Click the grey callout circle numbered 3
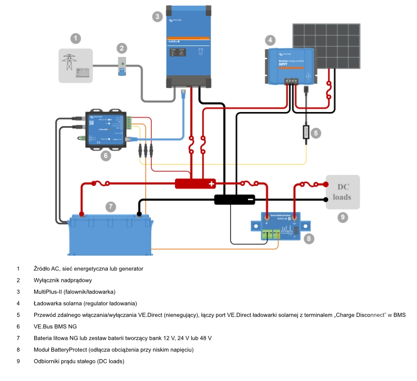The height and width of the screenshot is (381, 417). point(157,17)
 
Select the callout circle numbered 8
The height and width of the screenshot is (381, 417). point(308,239)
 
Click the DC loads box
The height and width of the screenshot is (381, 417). point(343,192)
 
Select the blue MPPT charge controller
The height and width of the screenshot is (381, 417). point(290,65)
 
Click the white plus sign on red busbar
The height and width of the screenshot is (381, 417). point(212,183)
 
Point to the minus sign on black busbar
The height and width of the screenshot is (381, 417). point(250,199)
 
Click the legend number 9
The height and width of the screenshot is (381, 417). point(18,362)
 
